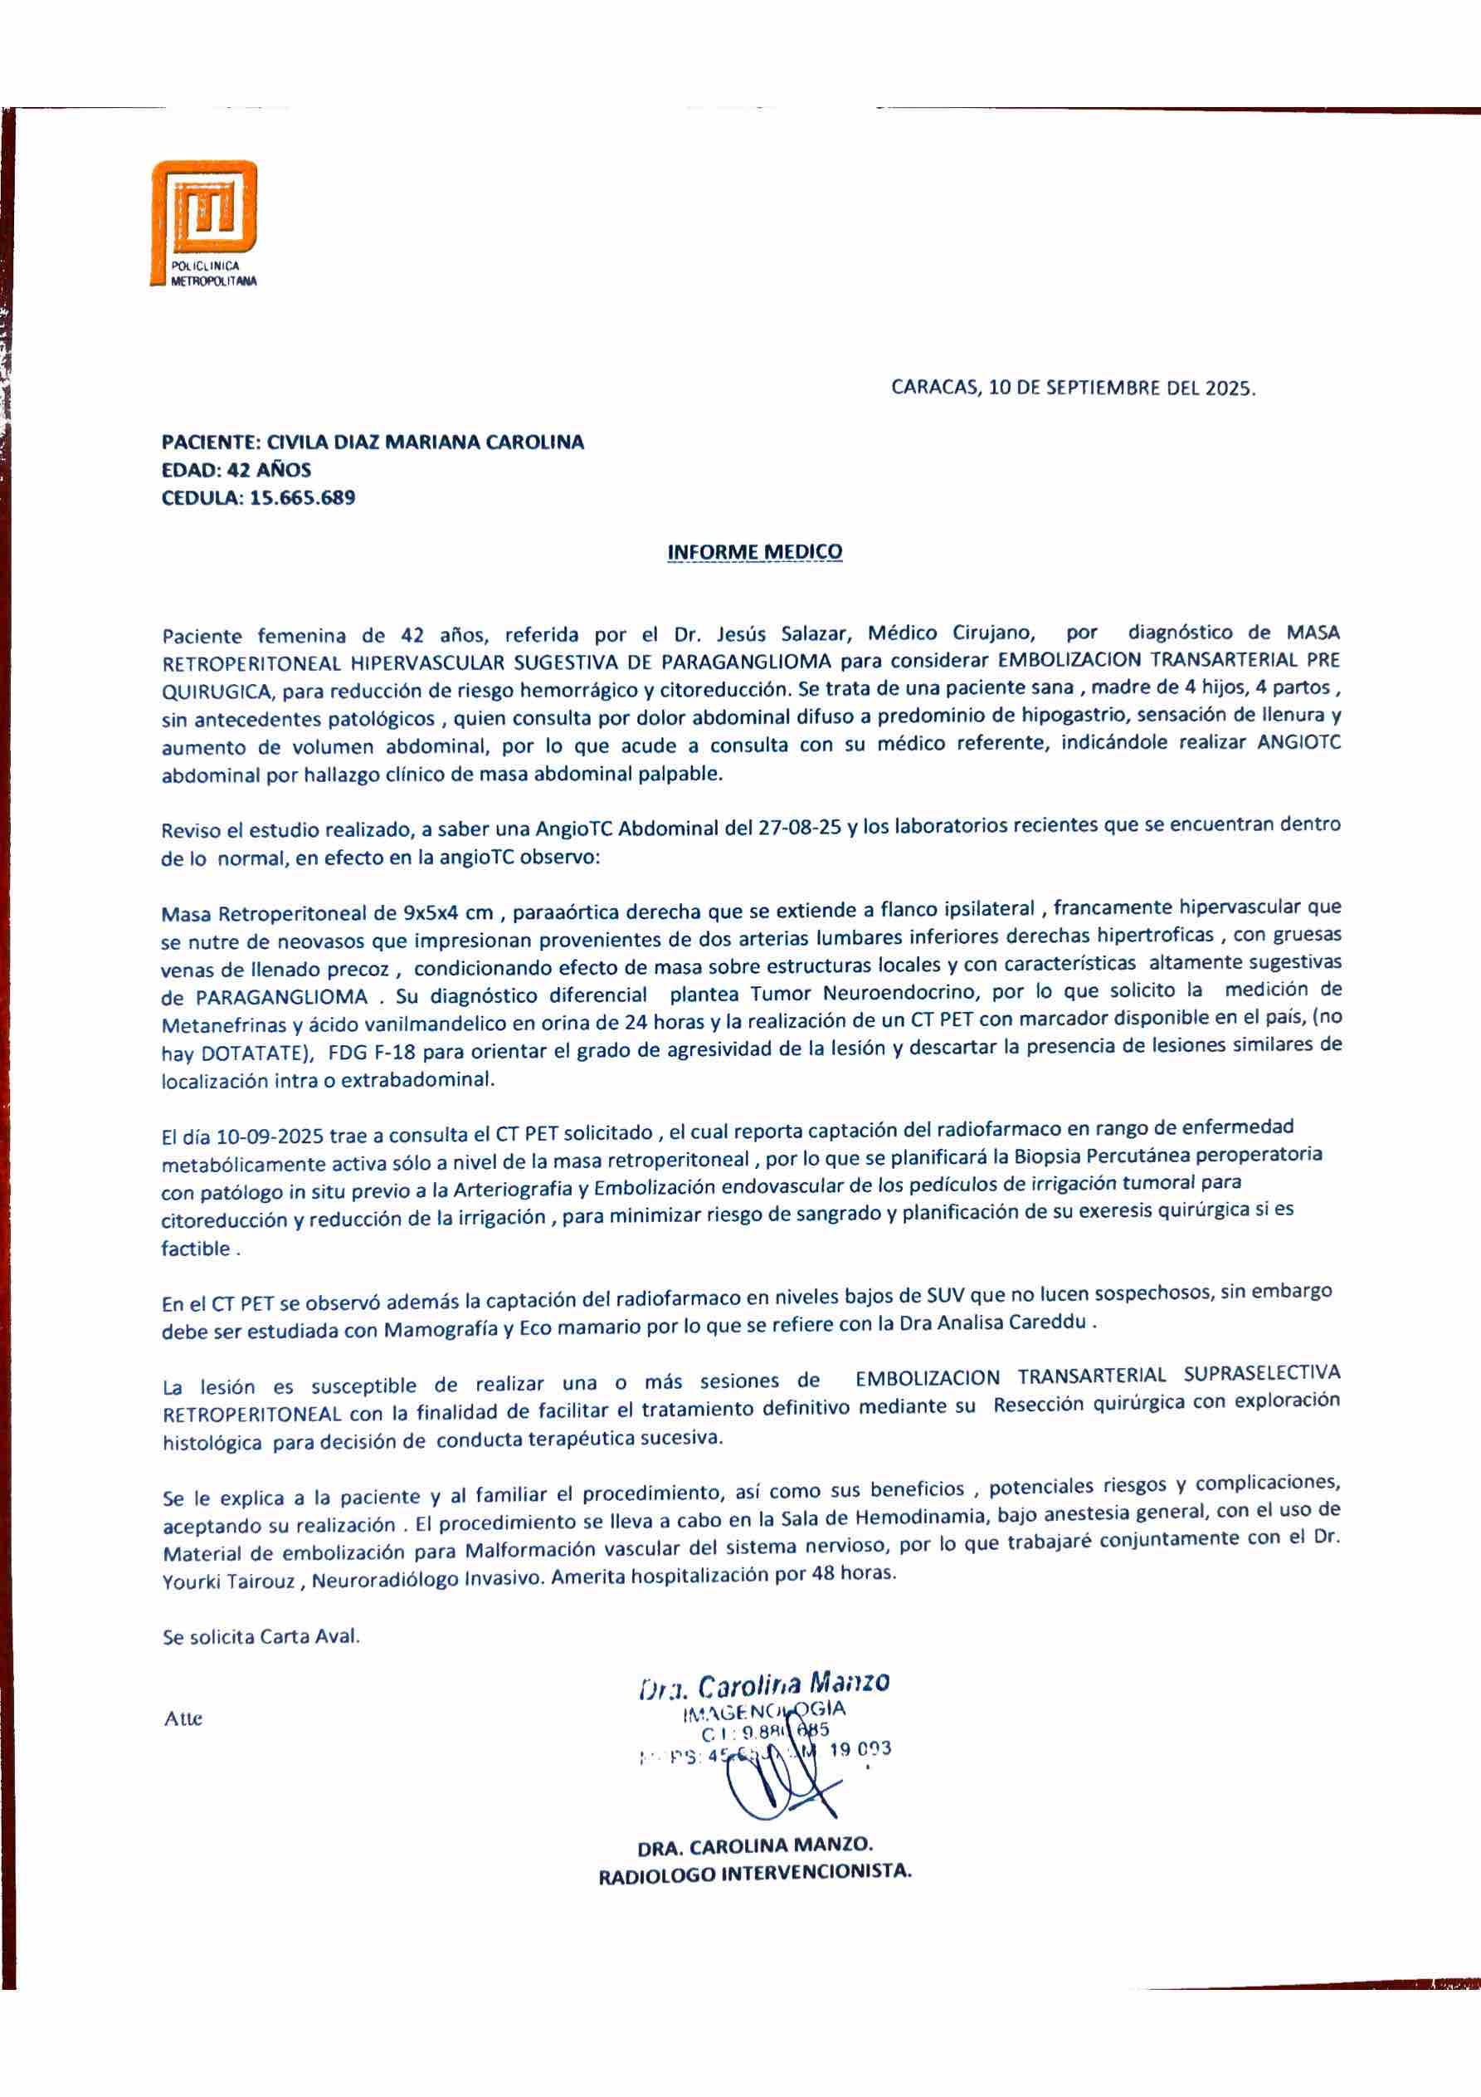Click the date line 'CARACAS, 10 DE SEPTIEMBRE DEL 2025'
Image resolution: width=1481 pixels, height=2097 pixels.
tap(1073, 387)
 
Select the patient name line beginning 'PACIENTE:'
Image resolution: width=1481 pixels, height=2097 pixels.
tap(373, 443)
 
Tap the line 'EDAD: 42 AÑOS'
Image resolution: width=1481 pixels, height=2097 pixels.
tap(236, 471)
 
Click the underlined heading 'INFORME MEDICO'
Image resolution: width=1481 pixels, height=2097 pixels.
tap(755, 552)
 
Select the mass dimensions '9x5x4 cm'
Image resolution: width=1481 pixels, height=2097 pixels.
tap(447, 913)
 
